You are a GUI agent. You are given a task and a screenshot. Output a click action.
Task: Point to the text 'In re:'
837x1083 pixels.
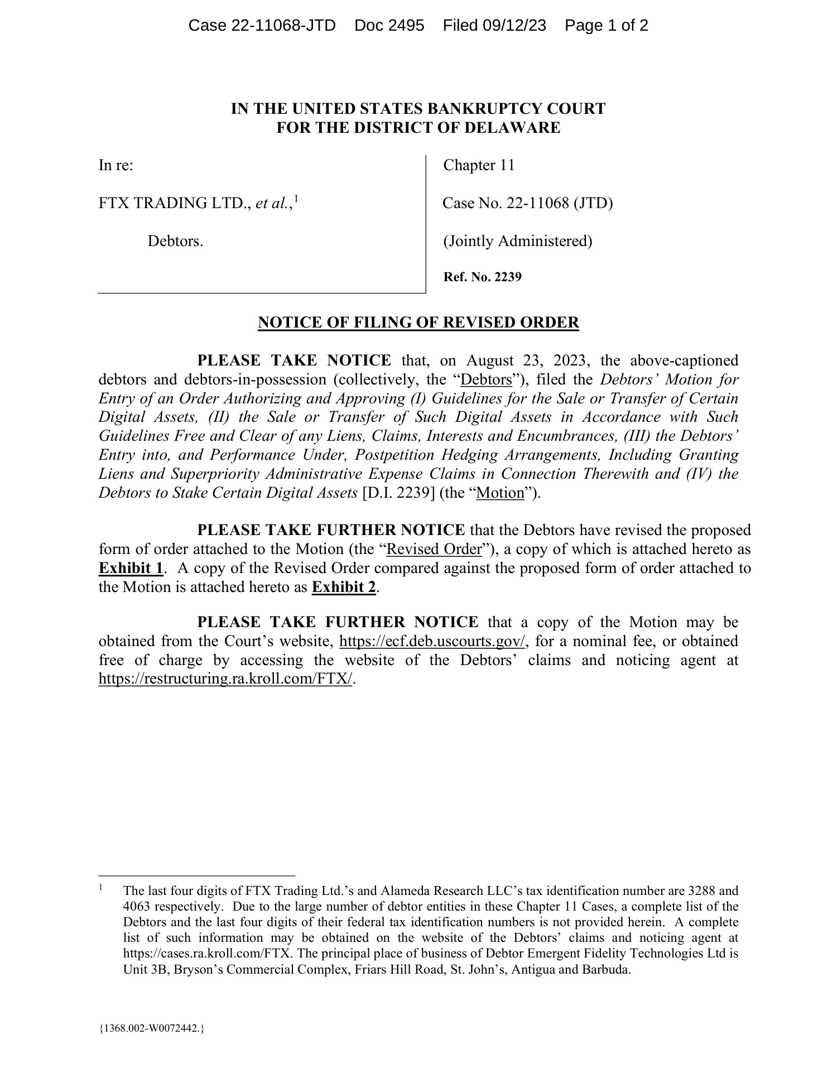[x=116, y=165]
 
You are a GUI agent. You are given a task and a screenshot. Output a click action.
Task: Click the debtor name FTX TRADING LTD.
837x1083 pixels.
[x=175, y=203]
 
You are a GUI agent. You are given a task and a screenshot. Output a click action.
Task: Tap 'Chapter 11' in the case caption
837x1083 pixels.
[x=479, y=165]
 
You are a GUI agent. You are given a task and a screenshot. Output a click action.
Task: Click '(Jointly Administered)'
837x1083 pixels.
[x=517, y=241]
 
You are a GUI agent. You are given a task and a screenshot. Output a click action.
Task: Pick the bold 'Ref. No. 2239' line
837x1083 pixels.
[x=482, y=277]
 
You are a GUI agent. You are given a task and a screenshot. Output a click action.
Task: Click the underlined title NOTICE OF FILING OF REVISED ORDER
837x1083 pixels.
[x=418, y=323]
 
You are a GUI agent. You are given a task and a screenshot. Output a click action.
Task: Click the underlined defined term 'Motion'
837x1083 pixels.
[x=501, y=493]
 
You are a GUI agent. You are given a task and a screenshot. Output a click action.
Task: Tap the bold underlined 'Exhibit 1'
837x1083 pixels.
[x=131, y=568]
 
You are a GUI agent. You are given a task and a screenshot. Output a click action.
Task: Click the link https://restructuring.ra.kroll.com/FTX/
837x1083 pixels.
[x=226, y=679]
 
